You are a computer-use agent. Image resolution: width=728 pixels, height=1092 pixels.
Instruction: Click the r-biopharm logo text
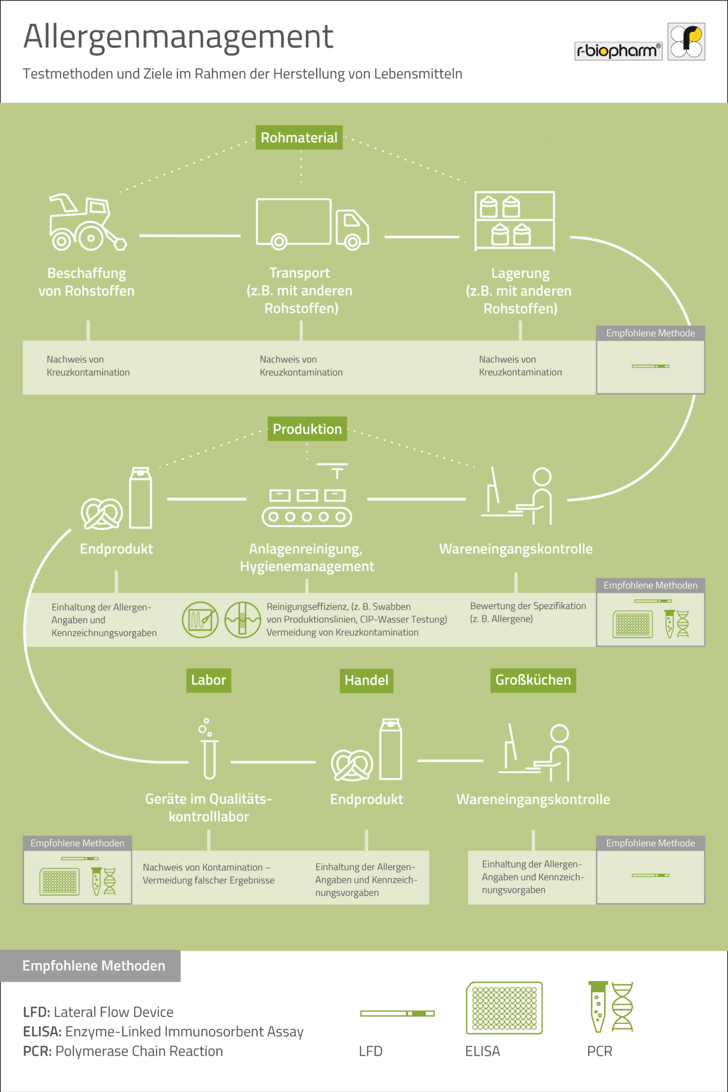[x=618, y=50]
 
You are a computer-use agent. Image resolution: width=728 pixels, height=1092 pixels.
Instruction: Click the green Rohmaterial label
[x=299, y=137]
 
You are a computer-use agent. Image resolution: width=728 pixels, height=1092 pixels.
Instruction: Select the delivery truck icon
[x=313, y=224]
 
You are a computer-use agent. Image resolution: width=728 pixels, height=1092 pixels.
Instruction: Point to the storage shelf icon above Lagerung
[x=514, y=221]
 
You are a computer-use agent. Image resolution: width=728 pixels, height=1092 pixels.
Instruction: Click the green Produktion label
[x=307, y=429]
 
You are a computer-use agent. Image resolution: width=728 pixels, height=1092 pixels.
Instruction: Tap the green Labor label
[x=209, y=680]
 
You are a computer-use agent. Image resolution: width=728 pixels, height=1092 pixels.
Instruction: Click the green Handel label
[x=367, y=680]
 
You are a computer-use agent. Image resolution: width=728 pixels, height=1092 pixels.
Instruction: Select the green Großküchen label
[x=533, y=680]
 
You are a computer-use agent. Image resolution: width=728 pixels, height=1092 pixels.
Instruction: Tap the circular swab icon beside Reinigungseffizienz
[x=200, y=619]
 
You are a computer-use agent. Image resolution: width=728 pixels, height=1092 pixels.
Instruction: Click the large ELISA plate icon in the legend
[x=504, y=1008]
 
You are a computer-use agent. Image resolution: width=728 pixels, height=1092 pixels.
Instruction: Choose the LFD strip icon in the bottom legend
[x=397, y=1013]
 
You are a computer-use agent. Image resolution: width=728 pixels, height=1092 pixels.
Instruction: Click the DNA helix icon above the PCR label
[x=622, y=1007]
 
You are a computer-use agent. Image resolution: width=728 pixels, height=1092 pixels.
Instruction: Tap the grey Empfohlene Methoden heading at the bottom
[x=94, y=966]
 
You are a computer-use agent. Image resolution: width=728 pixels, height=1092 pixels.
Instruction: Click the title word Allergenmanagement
[x=178, y=37]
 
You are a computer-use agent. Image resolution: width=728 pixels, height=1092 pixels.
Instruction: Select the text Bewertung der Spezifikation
[x=528, y=606]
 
